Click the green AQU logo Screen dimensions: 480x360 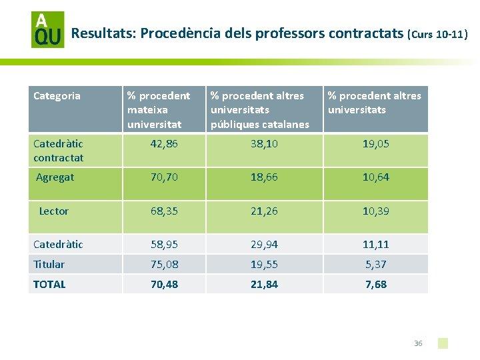48,30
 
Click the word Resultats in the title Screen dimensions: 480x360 103,33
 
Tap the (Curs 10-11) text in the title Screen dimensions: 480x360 437,34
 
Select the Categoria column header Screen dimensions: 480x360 57,96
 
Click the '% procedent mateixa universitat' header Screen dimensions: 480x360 159,110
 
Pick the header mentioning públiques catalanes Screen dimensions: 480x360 259,110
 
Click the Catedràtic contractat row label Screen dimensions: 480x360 58,151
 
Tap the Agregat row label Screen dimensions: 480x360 55,177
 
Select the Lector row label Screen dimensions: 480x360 53,211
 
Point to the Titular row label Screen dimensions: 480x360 49,264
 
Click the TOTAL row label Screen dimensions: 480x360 49,285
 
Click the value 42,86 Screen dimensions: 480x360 164,144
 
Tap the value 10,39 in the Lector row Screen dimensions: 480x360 375,211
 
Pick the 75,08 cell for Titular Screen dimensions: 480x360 165,264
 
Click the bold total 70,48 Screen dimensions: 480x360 165,285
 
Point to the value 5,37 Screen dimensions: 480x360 375,264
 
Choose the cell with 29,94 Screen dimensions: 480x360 264,244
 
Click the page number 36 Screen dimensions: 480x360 418,343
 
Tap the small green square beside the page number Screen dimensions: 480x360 443,343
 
